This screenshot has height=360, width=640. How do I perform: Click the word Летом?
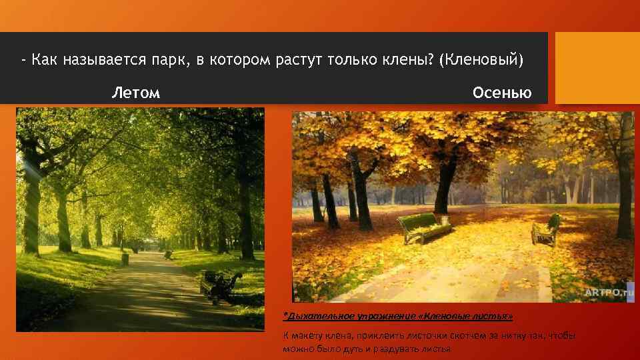coord(135,93)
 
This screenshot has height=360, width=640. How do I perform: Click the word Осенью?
coord(502,93)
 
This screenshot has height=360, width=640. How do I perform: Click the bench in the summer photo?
coord(220,283)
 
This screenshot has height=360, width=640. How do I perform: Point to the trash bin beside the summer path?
coord(125,258)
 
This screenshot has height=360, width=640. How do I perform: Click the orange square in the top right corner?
coord(597,68)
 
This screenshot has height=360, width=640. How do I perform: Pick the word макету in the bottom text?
coord(306,335)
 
